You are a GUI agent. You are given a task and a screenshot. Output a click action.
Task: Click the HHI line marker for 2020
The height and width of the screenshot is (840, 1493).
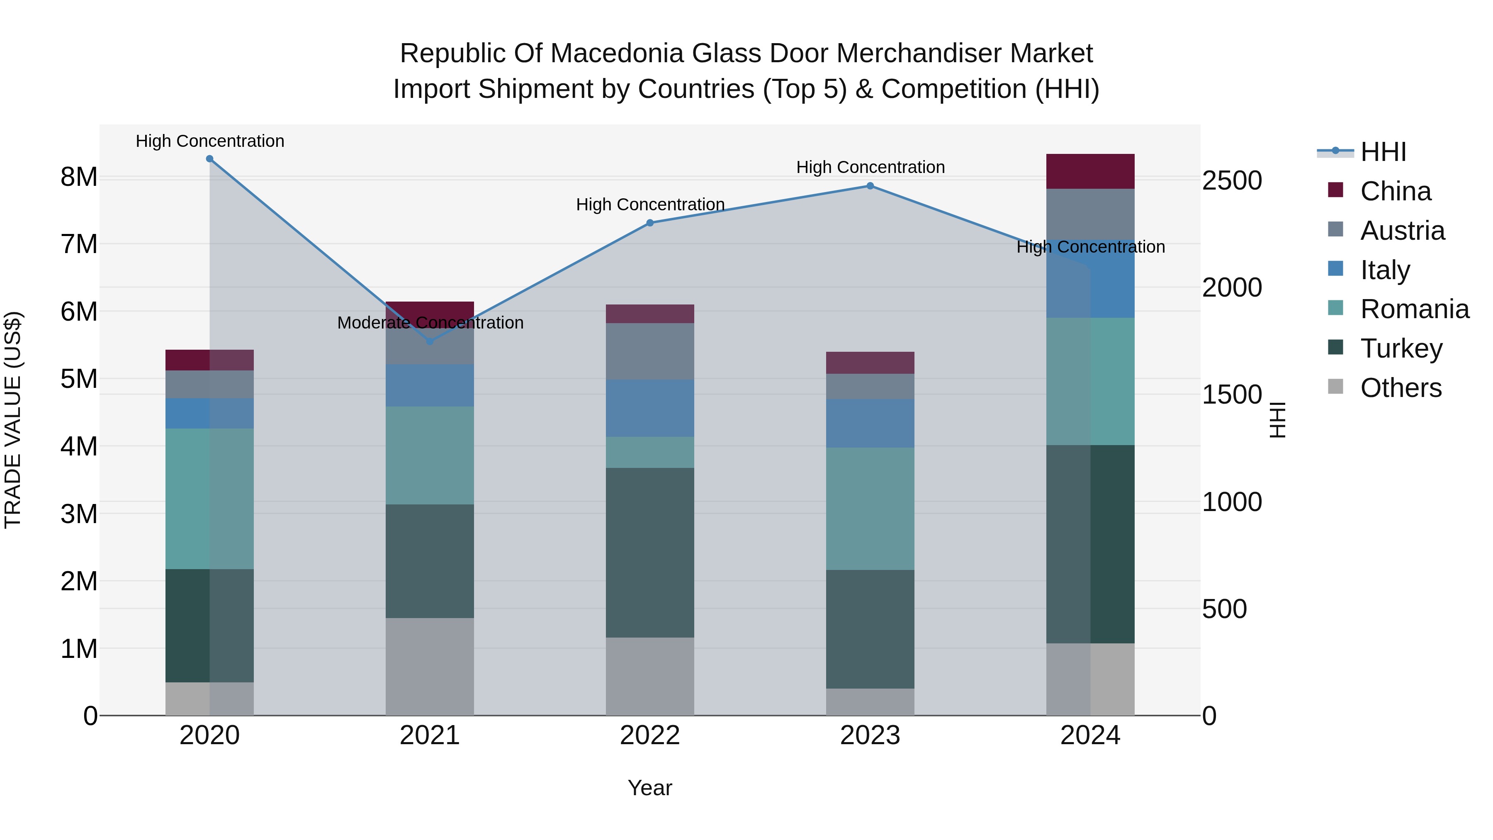[210, 159]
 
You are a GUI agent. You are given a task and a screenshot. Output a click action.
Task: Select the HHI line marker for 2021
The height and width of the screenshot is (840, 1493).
[430, 341]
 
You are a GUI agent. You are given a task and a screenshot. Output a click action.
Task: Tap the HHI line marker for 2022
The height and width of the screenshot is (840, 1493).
[650, 223]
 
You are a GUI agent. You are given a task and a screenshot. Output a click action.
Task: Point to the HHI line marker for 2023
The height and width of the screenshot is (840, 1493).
[870, 186]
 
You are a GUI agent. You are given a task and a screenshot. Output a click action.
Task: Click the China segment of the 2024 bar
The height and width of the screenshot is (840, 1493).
[1090, 172]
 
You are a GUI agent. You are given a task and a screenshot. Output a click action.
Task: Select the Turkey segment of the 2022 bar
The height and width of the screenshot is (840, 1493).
[650, 553]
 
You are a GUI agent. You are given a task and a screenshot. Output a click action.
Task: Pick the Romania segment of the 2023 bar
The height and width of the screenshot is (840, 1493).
[870, 509]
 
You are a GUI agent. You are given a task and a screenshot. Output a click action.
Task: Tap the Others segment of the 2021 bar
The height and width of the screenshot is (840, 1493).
[430, 667]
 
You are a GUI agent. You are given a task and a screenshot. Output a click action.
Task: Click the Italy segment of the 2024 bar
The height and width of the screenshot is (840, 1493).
[1090, 279]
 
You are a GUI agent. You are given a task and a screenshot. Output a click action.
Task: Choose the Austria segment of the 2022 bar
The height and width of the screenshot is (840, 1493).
[650, 351]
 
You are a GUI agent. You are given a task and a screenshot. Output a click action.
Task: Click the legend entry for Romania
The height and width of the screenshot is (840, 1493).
[1414, 309]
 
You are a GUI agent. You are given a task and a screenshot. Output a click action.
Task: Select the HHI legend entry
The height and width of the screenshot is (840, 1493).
[1383, 152]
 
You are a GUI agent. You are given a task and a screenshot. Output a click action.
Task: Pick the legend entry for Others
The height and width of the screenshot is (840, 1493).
[1400, 388]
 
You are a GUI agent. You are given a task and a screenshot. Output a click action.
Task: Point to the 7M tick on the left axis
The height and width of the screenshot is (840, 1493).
[79, 244]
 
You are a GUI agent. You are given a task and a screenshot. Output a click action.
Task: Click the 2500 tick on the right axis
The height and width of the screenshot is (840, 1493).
[1232, 180]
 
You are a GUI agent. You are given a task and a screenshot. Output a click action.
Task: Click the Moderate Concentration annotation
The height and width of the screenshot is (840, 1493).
[430, 323]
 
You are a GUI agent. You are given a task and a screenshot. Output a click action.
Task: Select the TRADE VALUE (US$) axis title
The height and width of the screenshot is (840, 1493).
[13, 420]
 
